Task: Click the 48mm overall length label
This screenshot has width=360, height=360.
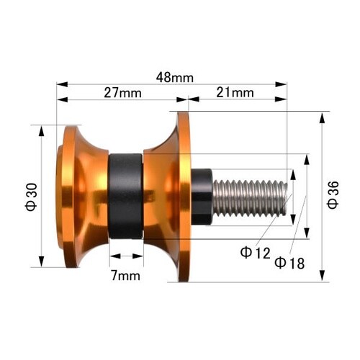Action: [175, 78]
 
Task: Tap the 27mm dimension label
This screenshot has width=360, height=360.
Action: [122, 93]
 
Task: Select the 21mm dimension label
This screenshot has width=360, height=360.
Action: [235, 93]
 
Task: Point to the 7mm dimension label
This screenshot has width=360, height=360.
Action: [125, 276]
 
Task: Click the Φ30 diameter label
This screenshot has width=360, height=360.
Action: [32, 197]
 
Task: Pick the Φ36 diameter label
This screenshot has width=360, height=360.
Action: [333, 195]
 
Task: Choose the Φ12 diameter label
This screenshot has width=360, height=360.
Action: [255, 253]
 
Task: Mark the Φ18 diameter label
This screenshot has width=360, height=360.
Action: [289, 263]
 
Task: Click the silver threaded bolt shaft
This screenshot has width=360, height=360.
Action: [250, 198]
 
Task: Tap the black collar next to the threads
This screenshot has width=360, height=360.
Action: [202, 197]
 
